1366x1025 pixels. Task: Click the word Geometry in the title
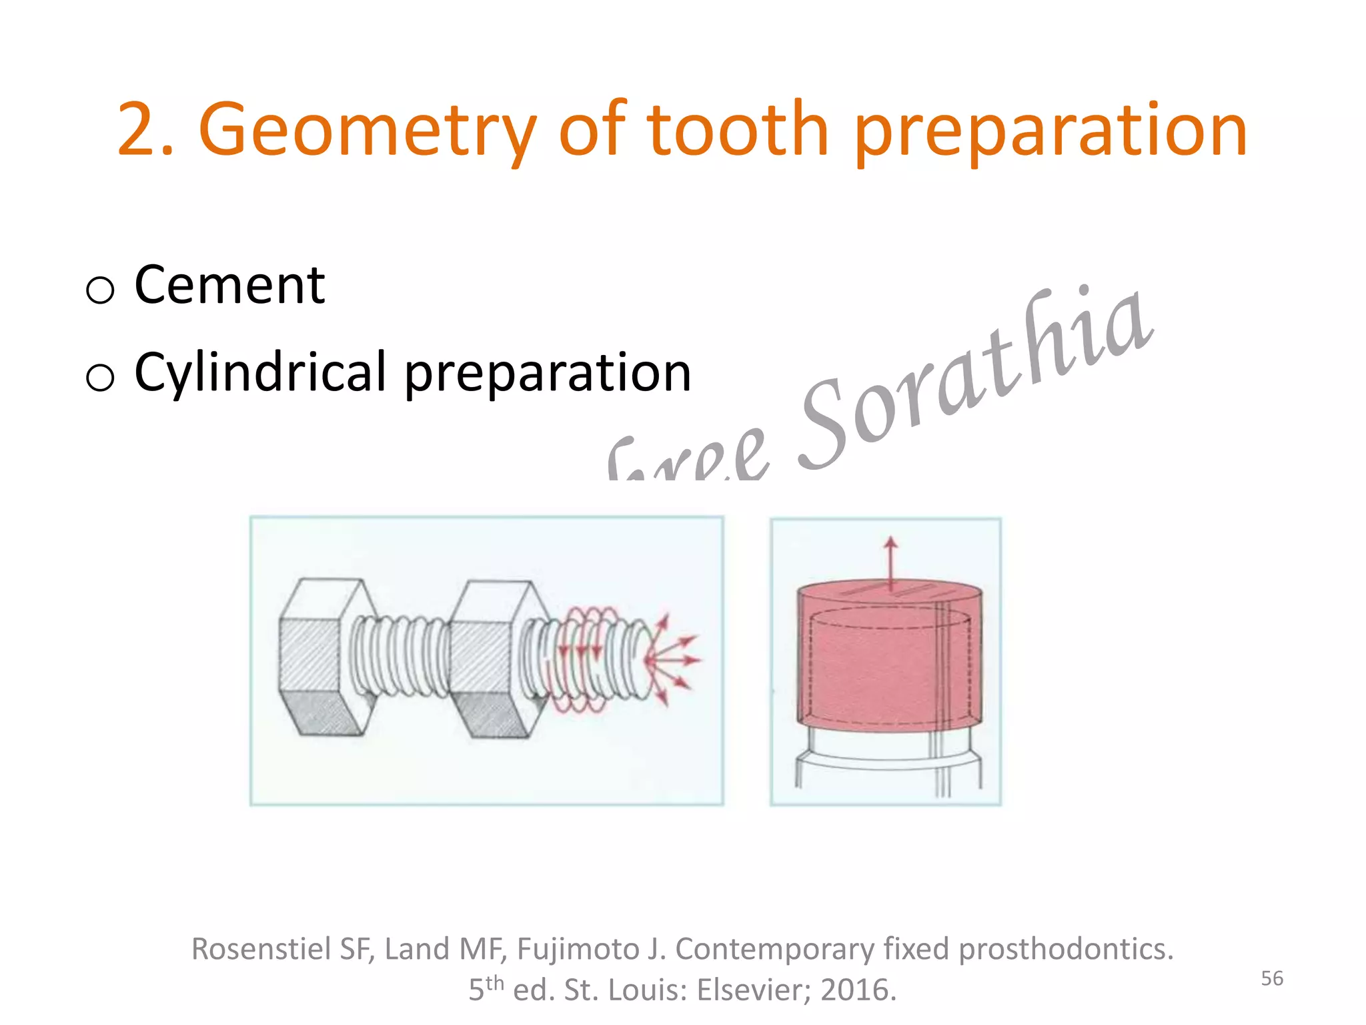pos(367,130)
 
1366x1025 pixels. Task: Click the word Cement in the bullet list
pos(229,286)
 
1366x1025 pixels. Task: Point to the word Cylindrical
pos(260,372)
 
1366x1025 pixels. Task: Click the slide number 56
pos(1272,978)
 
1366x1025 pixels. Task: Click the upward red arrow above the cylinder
pos(890,561)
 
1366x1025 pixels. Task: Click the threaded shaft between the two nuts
pos(400,657)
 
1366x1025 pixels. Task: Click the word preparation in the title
pos(1051,130)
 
